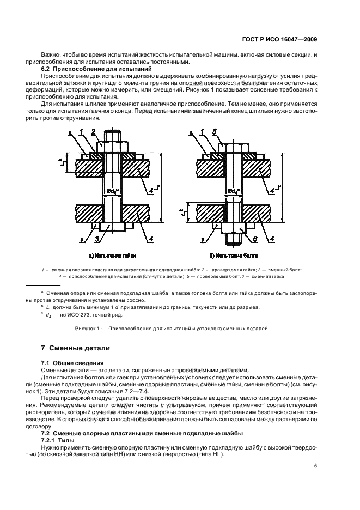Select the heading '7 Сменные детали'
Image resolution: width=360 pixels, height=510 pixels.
(x=76, y=348)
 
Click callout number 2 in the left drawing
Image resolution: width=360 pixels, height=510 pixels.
(x=94, y=131)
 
